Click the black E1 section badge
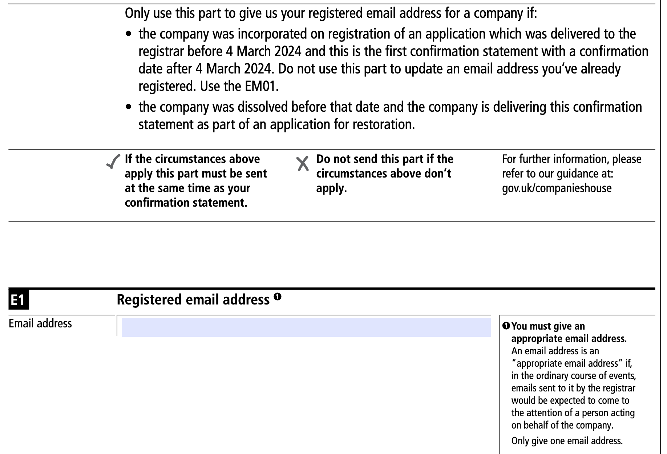(19, 300)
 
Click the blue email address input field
(306, 327)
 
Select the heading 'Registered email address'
(193, 300)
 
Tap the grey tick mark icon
(113, 162)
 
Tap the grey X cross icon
(303, 164)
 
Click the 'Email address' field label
(40, 323)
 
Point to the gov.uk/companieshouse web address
(557, 188)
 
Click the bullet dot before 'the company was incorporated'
(129, 34)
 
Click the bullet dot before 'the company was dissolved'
(129, 107)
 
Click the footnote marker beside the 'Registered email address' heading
(277, 296)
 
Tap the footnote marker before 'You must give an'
(506, 326)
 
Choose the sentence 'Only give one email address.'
(567, 441)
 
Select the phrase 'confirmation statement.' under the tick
(186, 203)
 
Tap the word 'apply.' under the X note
(331, 188)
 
